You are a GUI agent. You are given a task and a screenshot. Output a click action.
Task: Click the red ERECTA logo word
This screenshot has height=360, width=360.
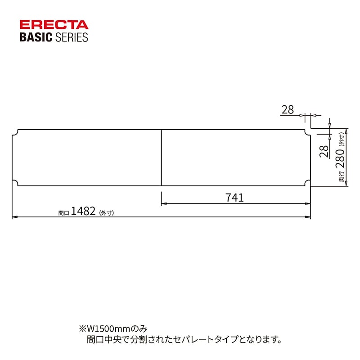(x=54, y=25)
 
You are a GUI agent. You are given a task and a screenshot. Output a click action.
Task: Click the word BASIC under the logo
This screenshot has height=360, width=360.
(x=36, y=37)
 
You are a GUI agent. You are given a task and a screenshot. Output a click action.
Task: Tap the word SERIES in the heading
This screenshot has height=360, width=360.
(x=72, y=37)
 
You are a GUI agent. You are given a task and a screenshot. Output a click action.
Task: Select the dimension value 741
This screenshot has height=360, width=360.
(x=234, y=198)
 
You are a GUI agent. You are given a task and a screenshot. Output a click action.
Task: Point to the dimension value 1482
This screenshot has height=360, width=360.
(x=83, y=211)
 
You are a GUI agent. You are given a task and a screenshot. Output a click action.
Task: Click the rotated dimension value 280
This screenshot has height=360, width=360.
(x=340, y=158)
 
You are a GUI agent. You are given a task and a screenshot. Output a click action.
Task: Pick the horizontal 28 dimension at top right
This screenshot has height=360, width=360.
(x=288, y=109)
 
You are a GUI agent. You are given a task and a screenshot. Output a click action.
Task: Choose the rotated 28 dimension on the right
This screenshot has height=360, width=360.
(x=324, y=151)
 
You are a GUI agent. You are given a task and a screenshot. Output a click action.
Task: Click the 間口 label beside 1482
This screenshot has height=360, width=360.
(x=63, y=213)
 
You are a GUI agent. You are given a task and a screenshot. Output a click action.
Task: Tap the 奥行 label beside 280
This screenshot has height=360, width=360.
(x=342, y=176)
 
